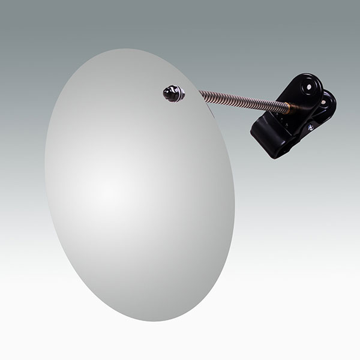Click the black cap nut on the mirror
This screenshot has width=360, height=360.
[173, 93]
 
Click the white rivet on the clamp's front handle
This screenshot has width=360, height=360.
[310, 88]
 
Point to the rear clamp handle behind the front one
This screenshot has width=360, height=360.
[329, 105]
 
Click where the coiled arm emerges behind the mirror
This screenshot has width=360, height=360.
[201, 95]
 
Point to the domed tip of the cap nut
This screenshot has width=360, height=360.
[167, 92]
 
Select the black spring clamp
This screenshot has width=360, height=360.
[294, 117]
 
